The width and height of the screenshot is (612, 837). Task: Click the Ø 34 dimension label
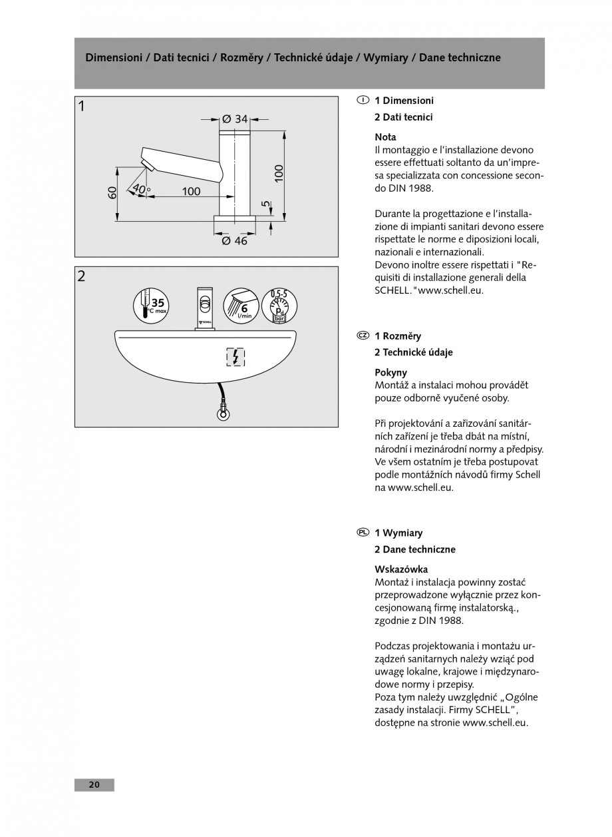[234, 119]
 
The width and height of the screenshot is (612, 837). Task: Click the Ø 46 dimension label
[234, 241]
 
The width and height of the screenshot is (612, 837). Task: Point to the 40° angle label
[141, 190]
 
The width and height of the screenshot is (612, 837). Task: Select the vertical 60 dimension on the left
[113, 192]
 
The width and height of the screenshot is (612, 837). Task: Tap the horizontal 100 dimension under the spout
[191, 192]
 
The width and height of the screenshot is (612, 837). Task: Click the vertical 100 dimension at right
[279, 173]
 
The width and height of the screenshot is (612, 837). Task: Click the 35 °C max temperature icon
[152, 306]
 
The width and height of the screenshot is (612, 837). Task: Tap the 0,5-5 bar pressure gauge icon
[279, 306]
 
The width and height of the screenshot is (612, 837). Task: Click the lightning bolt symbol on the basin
[235, 358]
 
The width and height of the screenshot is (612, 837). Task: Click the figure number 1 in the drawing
[81, 105]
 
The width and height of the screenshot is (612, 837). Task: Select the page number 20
[94, 785]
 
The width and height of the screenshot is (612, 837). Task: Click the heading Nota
[385, 137]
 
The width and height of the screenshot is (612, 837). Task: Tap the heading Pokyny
[391, 373]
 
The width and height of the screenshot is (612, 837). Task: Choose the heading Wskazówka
[402, 569]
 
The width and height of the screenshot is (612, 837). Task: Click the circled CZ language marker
[363, 336]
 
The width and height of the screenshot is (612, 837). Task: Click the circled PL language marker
[363, 533]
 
